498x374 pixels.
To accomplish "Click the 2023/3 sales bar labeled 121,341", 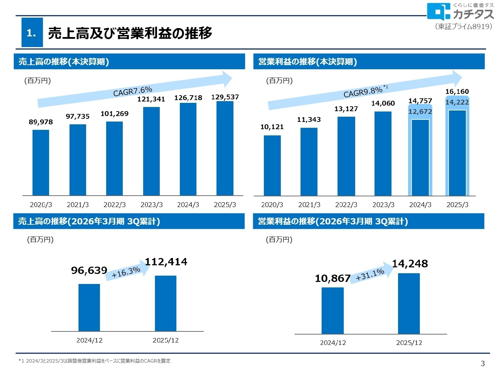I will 151,151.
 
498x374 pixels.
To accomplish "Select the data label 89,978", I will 41,122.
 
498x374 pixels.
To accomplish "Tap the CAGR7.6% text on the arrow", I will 133,91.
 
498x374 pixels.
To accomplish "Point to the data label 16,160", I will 457,91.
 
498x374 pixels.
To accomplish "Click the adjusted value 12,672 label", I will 420,112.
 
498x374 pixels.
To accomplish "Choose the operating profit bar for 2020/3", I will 272,166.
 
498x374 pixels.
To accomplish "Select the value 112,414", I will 166,262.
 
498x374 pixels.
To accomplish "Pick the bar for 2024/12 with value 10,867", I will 333,311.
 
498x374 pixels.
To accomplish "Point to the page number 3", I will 483,363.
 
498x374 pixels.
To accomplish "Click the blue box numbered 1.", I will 32,33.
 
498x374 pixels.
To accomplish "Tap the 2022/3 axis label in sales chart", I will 114,205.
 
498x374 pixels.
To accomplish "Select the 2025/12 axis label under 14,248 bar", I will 409,342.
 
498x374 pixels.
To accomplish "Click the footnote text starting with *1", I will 94,361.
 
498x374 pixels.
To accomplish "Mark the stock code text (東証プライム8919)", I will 463,27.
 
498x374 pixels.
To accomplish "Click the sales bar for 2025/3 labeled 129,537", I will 225,148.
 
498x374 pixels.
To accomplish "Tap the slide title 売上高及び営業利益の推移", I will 130,33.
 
